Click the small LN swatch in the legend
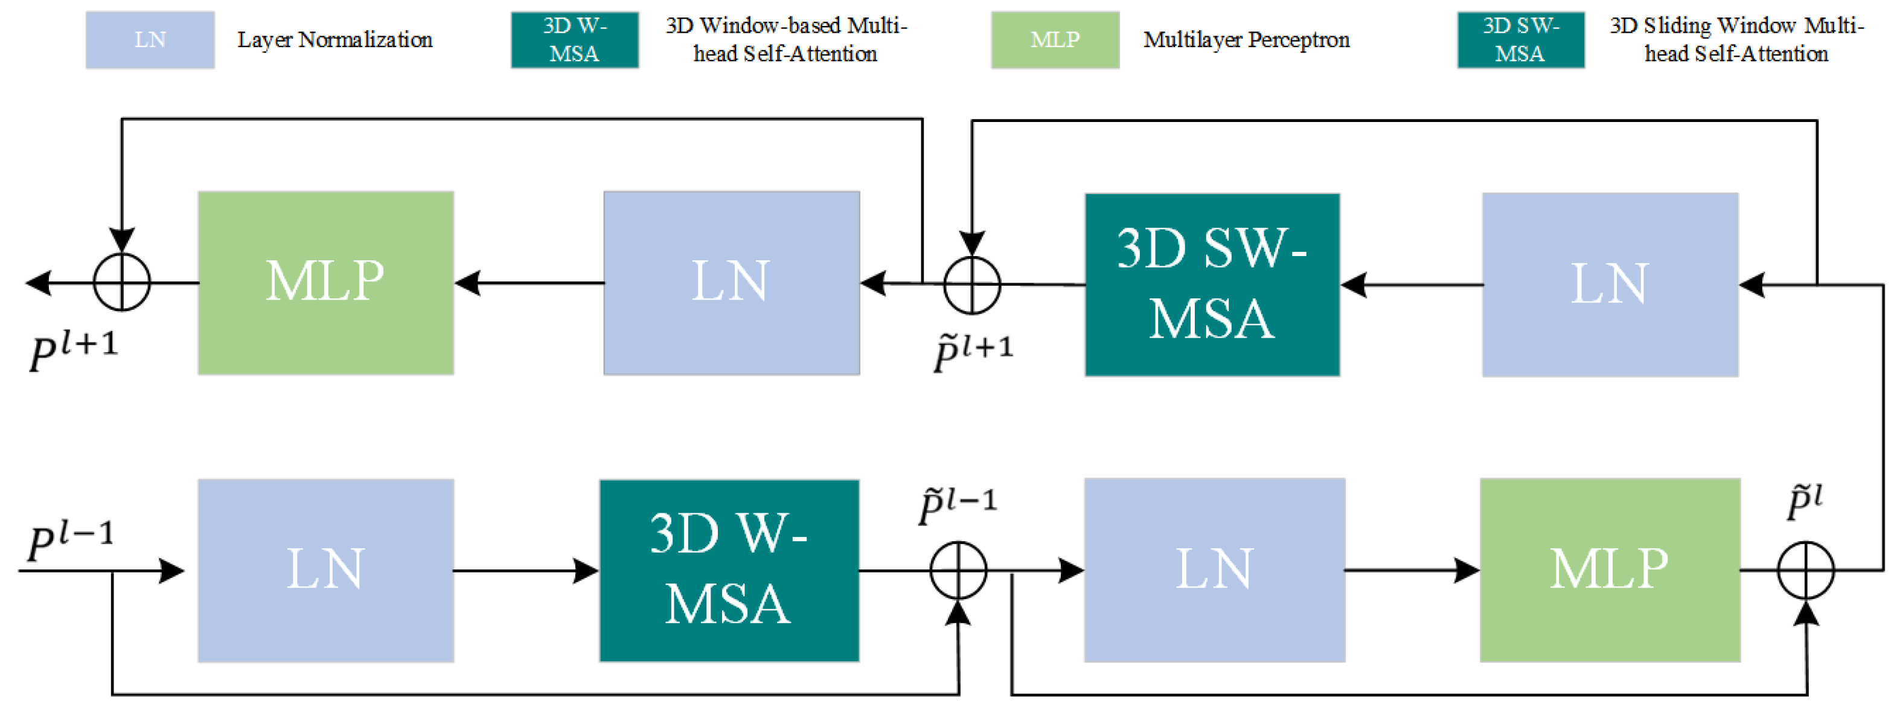click(x=150, y=40)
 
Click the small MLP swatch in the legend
click(x=1055, y=40)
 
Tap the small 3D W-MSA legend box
click(x=575, y=40)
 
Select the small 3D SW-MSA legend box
click(x=1520, y=40)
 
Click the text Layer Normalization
click(x=335, y=40)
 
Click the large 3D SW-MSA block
click(x=1212, y=285)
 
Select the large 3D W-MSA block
click(x=729, y=570)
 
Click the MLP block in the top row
click(x=325, y=283)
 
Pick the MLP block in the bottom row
click(x=1610, y=569)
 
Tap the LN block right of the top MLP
click(x=731, y=283)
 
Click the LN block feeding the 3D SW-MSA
click(x=1610, y=285)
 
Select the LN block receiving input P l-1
click(x=325, y=570)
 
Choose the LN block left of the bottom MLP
click(x=1214, y=569)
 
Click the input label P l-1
click(x=70, y=540)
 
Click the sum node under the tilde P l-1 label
click(x=958, y=570)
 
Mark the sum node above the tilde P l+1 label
click(x=971, y=285)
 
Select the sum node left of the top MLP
click(x=122, y=283)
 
